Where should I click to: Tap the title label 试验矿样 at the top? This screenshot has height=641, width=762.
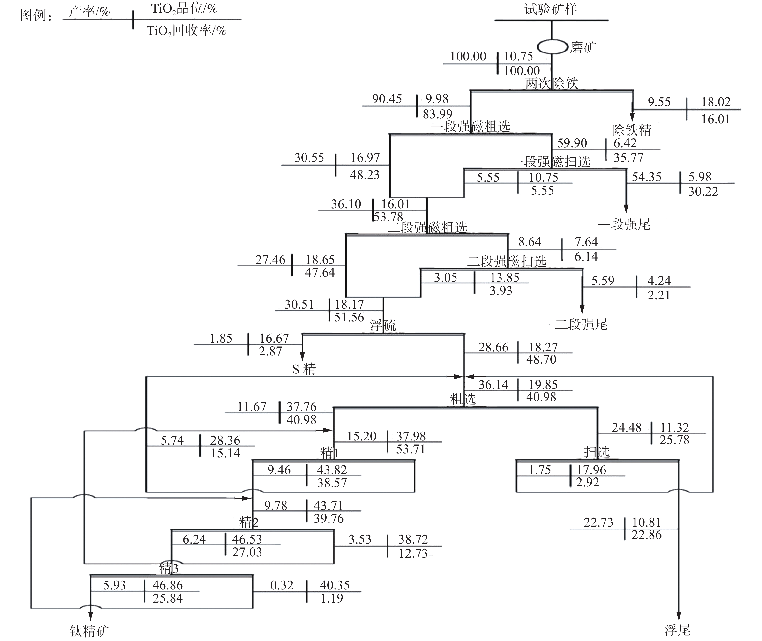(x=551, y=9)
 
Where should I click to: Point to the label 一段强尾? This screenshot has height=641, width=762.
(x=624, y=224)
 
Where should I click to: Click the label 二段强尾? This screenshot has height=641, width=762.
(x=581, y=324)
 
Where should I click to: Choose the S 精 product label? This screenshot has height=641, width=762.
(x=304, y=369)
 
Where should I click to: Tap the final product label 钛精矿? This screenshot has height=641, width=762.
(x=89, y=632)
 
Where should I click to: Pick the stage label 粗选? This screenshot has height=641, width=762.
(x=463, y=399)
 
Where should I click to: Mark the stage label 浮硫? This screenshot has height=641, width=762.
(x=383, y=325)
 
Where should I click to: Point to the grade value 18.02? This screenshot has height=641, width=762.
(x=716, y=102)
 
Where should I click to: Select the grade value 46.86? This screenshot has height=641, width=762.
(x=167, y=585)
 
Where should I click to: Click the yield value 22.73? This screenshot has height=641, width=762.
(x=598, y=522)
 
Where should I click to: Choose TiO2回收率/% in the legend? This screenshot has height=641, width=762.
(x=187, y=31)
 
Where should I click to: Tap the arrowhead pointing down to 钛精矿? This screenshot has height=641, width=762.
(x=90, y=616)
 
